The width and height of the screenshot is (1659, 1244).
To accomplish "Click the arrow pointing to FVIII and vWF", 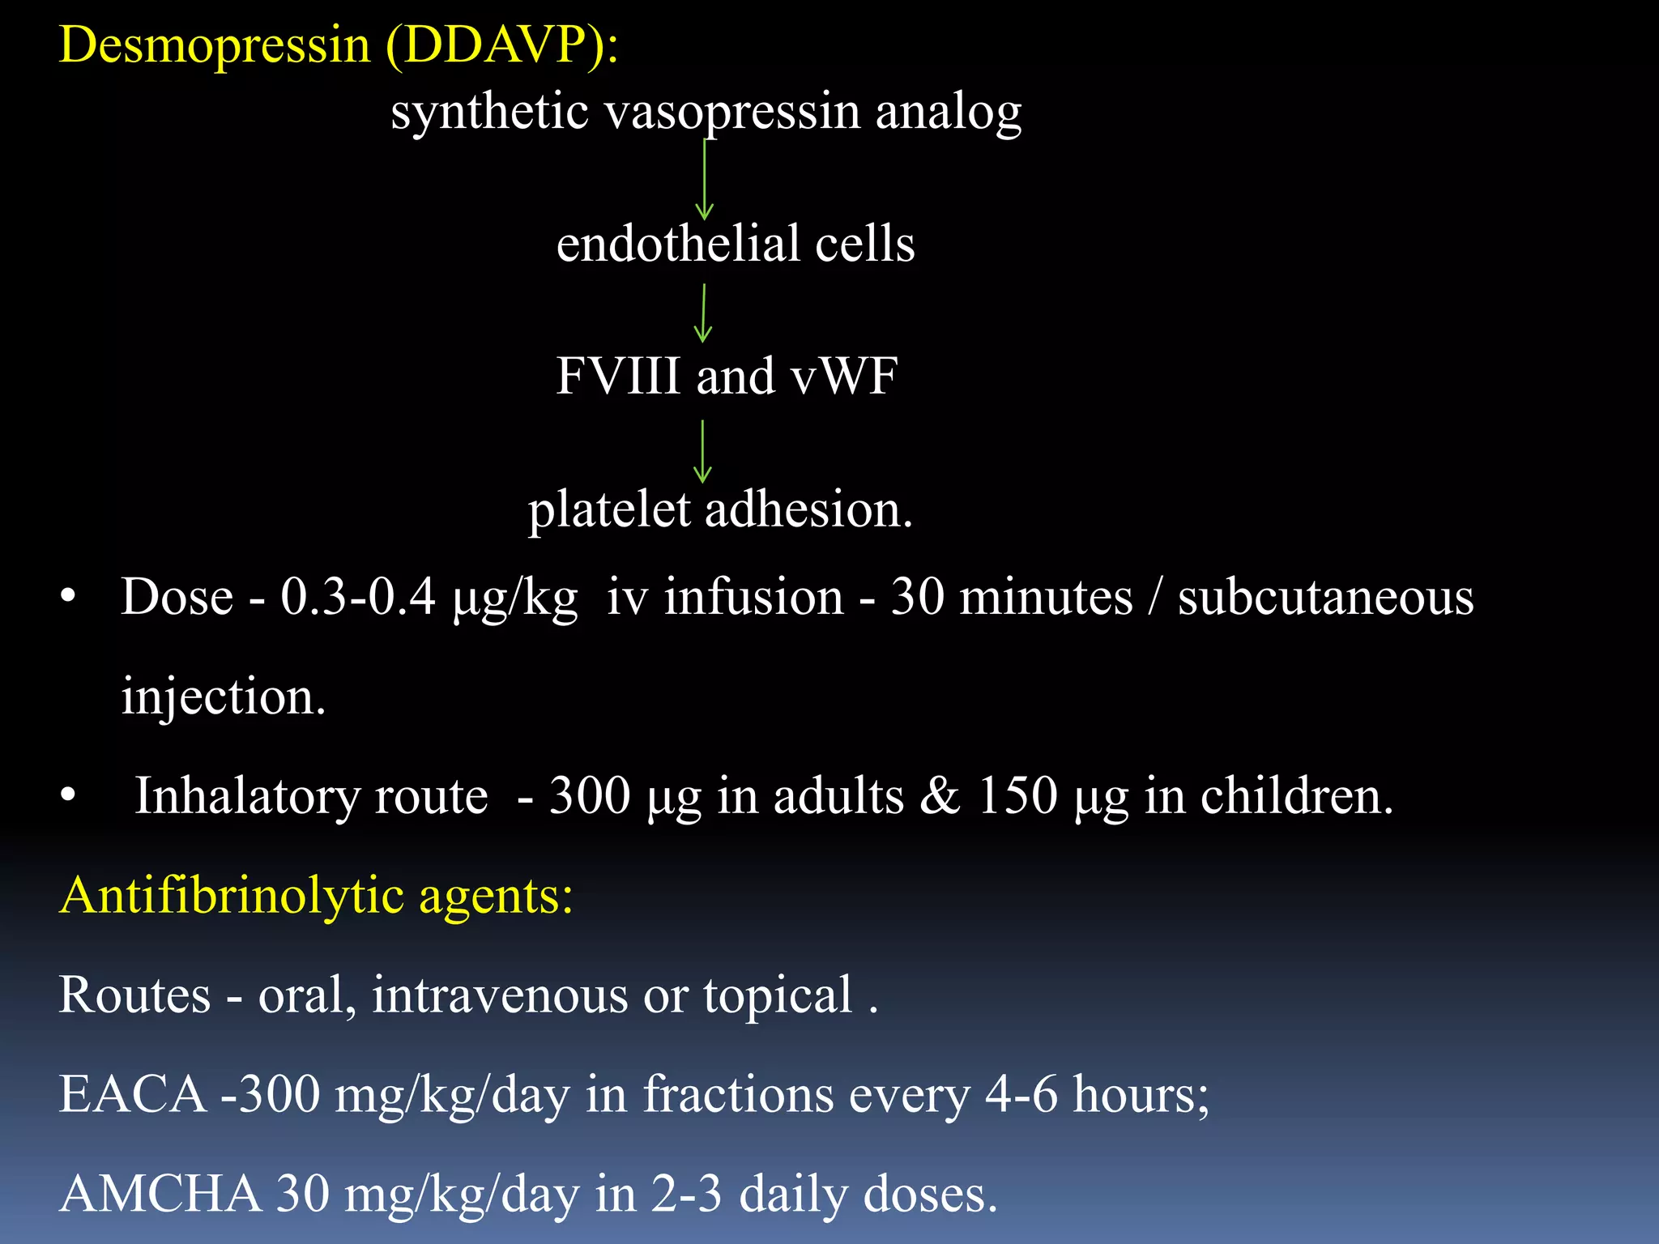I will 703,313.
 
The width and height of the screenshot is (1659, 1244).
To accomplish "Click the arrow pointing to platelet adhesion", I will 702,451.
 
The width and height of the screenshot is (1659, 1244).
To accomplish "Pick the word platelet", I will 609,510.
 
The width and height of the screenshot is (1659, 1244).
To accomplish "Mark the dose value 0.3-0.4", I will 358,598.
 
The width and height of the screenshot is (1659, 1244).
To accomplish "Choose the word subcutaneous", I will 1325,598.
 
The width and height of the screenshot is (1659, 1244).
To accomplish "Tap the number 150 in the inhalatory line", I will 1017,795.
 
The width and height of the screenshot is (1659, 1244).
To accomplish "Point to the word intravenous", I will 500,995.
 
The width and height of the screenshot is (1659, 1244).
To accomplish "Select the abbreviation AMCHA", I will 160,1194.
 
